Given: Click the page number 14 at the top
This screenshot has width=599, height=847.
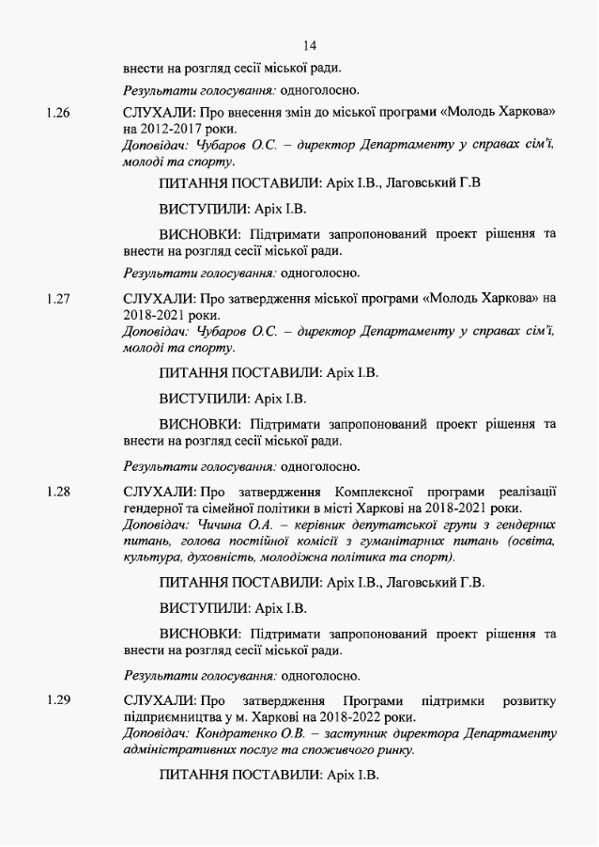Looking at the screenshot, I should (x=311, y=45).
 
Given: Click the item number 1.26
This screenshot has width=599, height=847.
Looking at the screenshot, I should (x=58, y=113).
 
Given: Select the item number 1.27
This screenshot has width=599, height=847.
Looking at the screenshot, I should (x=58, y=299).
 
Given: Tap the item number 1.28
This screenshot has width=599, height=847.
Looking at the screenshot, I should (x=58, y=492).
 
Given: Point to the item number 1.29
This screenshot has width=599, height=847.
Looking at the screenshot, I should (x=58, y=701).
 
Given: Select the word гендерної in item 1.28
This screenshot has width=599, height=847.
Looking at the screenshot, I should (x=154, y=508).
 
